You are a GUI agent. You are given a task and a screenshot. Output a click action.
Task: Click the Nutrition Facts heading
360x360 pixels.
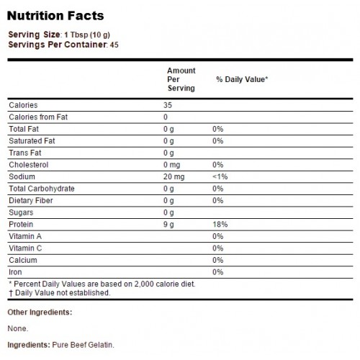[55, 16]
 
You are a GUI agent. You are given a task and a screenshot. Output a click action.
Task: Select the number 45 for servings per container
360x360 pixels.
[114, 45]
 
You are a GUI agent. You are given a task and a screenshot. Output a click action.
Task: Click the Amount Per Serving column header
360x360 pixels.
[181, 79]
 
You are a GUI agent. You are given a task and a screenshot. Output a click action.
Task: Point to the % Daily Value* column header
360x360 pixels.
[242, 79]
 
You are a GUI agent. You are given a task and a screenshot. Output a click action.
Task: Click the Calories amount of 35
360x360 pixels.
[168, 105]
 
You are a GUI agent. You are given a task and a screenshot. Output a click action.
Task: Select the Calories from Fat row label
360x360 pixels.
[38, 117]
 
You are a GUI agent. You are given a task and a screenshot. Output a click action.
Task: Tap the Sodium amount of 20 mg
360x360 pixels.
[174, 176]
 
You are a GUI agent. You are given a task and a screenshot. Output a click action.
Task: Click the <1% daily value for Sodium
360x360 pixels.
[220, 176]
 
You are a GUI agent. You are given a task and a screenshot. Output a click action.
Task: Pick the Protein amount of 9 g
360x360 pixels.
[168, 225]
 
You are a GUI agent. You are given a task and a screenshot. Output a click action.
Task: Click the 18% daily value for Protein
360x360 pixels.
[220, 225]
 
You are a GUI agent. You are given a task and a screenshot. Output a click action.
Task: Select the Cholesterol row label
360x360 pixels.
[29, 165]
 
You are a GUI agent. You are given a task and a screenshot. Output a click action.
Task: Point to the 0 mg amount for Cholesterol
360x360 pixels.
[171, 165]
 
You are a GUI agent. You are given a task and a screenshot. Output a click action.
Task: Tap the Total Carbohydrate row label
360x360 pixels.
[42, 189]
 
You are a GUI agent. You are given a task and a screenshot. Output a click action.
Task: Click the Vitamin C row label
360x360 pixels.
[25, 248]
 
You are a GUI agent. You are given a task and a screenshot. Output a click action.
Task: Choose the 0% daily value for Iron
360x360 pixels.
[217, 272]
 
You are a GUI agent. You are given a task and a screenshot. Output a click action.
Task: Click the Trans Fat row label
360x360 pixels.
[25, 153]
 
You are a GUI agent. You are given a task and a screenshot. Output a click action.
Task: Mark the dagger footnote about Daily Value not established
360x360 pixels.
[59, 293]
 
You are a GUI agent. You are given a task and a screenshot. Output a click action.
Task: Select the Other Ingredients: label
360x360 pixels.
[40, 312]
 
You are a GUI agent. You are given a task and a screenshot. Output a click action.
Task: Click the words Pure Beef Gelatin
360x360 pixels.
[83, 345]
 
